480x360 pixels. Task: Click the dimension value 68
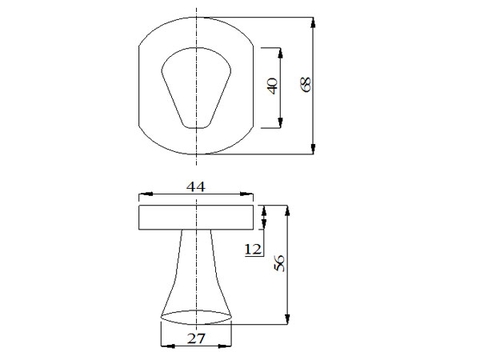click(x=307, y=84)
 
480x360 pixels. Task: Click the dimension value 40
click(x=273, y=86)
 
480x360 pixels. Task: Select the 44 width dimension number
click(x=196, y=187)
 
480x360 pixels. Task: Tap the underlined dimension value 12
click(x=253, y=249)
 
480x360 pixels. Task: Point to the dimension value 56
click(x=280, y=263)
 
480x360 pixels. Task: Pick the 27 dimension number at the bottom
click(x=196, y=339)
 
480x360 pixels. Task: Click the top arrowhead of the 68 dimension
click(x=313, y=23)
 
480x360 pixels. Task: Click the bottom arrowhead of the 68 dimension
click(x=313, y=149)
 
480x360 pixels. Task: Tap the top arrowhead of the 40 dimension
click(x=280, y=53)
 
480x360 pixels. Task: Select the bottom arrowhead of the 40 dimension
click(x=280, y=122)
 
